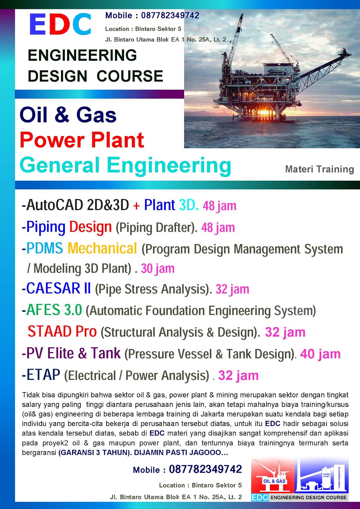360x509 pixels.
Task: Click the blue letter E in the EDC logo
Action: pos(38,24)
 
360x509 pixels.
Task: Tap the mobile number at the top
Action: pos(170,16)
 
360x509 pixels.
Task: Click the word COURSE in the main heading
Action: pos(130,76)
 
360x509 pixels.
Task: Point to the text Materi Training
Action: pos(320,169)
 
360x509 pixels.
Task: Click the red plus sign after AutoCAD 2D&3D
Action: pos(136,206)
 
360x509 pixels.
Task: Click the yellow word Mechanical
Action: pos(102,248)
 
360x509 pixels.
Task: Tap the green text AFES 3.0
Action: pos(54,310)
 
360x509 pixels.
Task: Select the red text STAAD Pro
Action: pos(62,331)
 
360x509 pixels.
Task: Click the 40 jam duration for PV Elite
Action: pos(320,354)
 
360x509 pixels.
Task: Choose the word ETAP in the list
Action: pos(43,375)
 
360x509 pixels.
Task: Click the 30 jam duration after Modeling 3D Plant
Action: pos(158,268)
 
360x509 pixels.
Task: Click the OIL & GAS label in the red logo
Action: pos(274,481)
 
